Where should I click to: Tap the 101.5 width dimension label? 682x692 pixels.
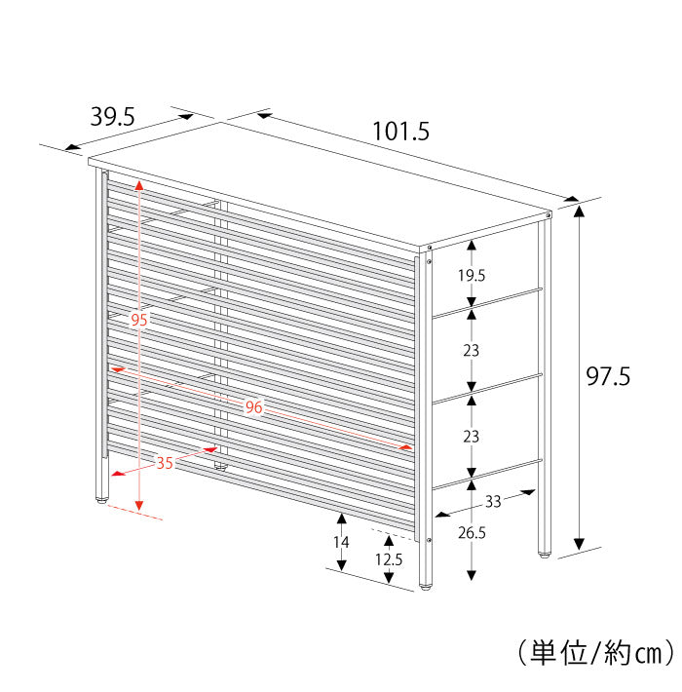pos(400,130)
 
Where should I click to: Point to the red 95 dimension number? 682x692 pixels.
pos(139,321)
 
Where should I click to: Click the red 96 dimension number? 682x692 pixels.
pos(253,407)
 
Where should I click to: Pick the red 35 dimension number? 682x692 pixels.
pos(165,463)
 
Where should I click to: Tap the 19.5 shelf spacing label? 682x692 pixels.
pos(472,276)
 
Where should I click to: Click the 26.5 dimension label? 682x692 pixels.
pos(472,533)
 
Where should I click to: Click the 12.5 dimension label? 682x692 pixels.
pos(388,559)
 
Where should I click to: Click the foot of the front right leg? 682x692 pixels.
pos(425,586)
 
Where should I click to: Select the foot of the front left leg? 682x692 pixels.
pos(101,501)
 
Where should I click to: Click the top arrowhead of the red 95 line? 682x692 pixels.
pos(139,185)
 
